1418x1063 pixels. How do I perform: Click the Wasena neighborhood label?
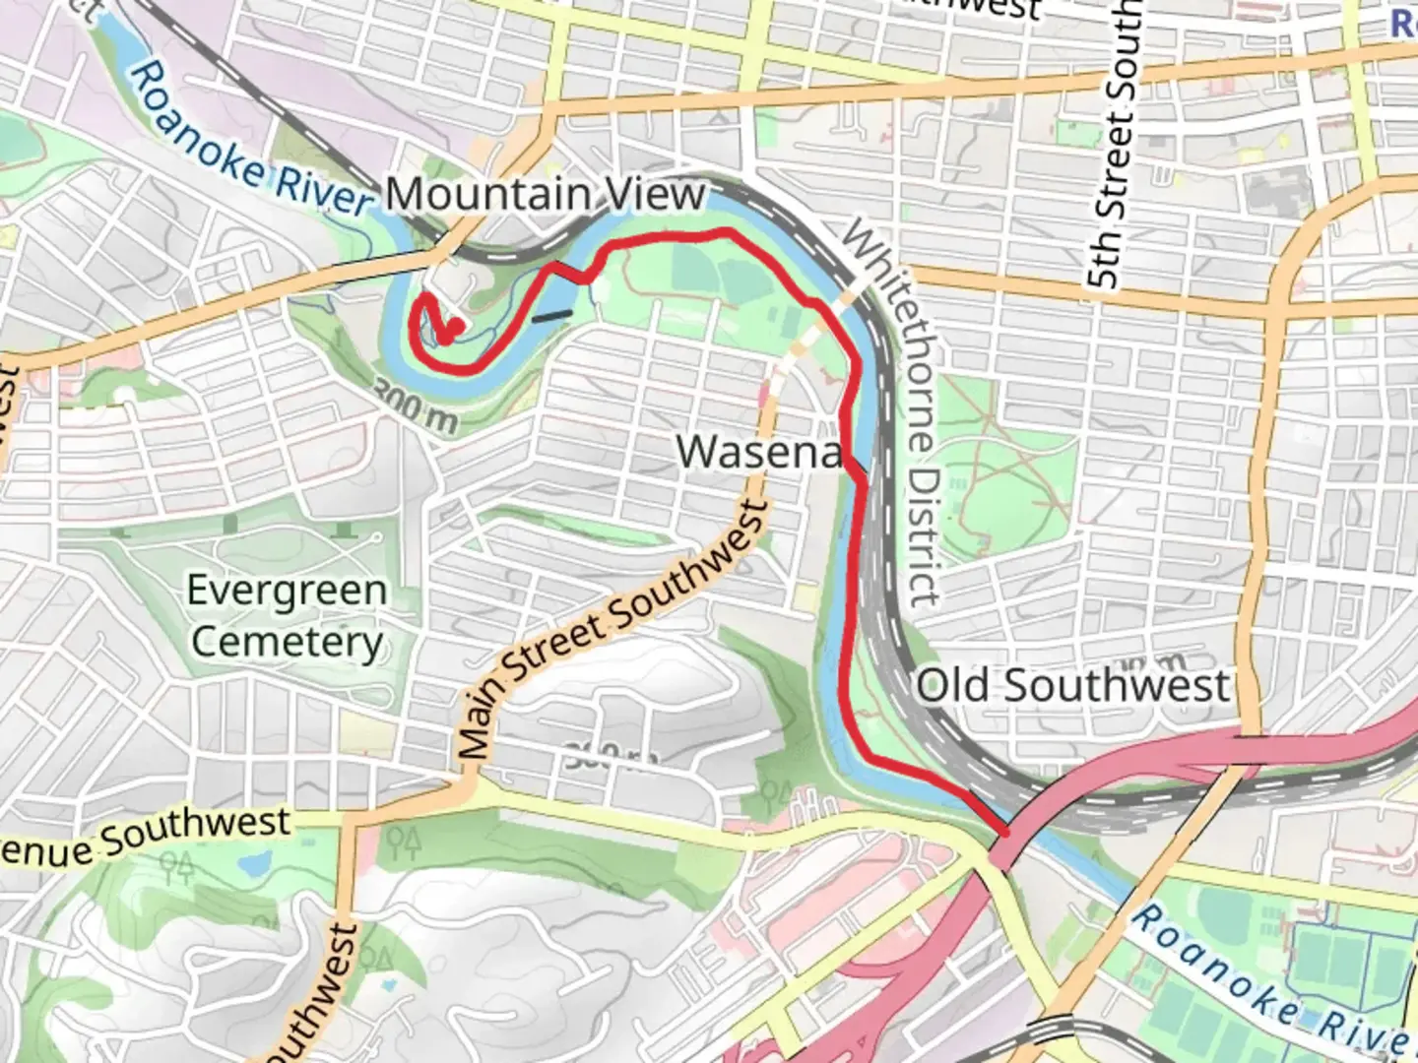click(759, 452)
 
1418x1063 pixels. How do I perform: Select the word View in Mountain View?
click(656, 195)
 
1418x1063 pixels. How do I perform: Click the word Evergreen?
click(287, 592)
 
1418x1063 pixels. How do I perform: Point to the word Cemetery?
click(287, 642)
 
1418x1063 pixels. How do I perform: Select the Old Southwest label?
click(1073, 685)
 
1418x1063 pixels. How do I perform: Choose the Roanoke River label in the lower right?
click(1270, 984)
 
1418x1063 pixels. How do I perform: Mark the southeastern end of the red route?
click(1003, 833)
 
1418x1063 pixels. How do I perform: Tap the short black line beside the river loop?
click(551, 316)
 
